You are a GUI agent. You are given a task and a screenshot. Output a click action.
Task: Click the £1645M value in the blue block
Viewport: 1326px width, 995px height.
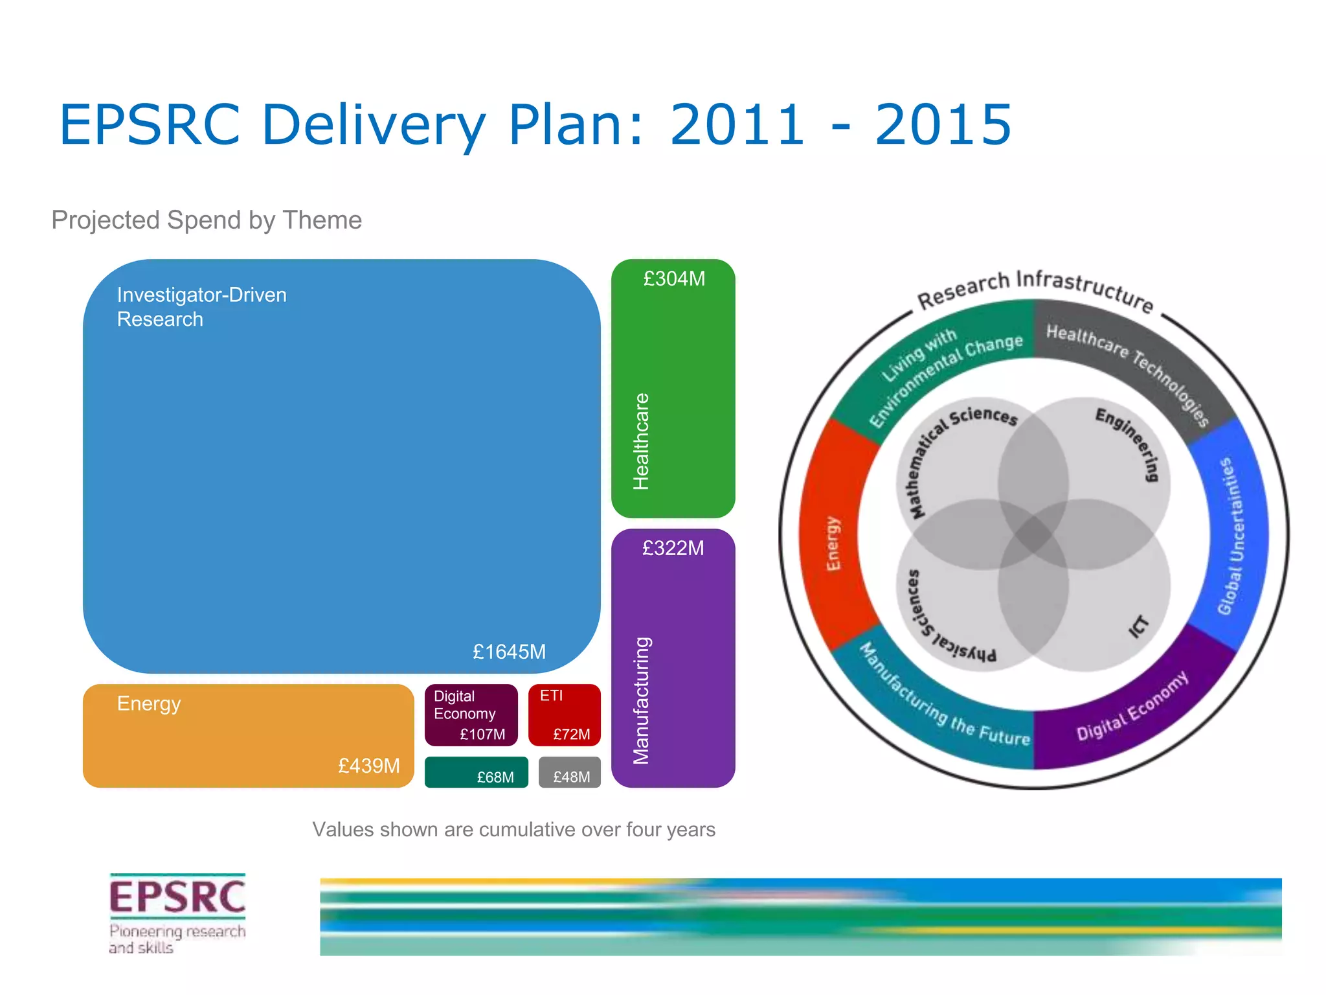tap(509, 652)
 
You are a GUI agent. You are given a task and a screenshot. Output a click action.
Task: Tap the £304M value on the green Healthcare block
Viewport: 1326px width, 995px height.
tap(673, 279)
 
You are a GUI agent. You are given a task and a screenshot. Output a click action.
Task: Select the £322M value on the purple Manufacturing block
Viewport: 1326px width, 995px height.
tap(673, 549)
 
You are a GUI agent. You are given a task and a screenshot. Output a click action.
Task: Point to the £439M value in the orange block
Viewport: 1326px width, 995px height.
tap(368, 766)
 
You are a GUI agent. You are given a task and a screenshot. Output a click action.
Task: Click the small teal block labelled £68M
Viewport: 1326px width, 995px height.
tap(476, 772)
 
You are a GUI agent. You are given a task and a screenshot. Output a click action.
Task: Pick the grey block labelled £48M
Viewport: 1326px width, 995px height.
tap(570, 773)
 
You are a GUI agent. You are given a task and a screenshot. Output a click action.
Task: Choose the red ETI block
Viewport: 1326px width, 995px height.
tap(565, 715)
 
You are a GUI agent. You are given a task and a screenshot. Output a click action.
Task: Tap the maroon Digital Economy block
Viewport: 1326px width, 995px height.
tap(471, 715)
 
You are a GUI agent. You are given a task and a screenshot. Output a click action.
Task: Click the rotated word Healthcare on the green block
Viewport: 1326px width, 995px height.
tap(640, 441)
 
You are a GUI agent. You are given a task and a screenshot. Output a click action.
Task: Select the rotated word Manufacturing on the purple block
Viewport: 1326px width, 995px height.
tap(640, 700)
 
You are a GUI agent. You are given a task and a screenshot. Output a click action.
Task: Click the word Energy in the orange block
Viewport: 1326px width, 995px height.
tap(149, 703)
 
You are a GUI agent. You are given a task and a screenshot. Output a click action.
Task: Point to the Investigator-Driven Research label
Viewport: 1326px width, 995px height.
tap(201, 307)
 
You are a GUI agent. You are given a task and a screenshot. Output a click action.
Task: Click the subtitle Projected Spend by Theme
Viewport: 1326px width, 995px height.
tap(207, 220)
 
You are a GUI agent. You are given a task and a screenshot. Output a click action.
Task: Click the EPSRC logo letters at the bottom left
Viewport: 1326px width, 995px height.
tap(177, 897)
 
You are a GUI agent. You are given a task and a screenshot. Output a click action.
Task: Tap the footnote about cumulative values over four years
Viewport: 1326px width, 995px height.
tap(513, 830)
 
